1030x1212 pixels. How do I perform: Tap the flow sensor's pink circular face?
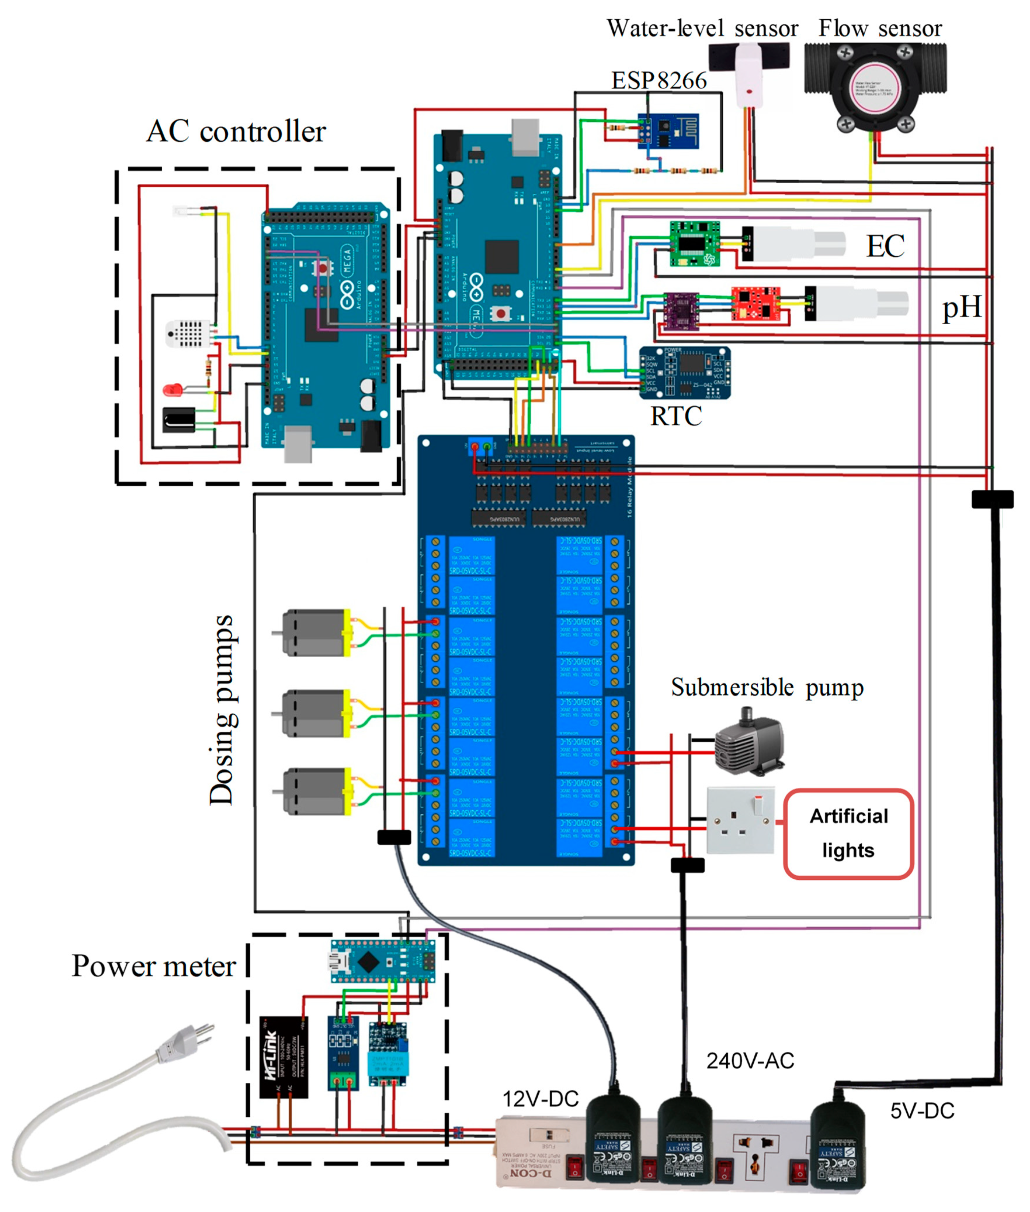pyautogui.click(x=875, y=87)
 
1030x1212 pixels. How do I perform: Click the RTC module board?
pyautogui.click(x=684, y=372)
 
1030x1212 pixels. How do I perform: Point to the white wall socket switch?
pyautogui.click(x=741, y=821)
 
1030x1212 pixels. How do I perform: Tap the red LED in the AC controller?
pyautogui.click(x=172, y=389)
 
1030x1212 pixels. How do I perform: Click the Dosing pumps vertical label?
pyautogui.click(x=222, y=710)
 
